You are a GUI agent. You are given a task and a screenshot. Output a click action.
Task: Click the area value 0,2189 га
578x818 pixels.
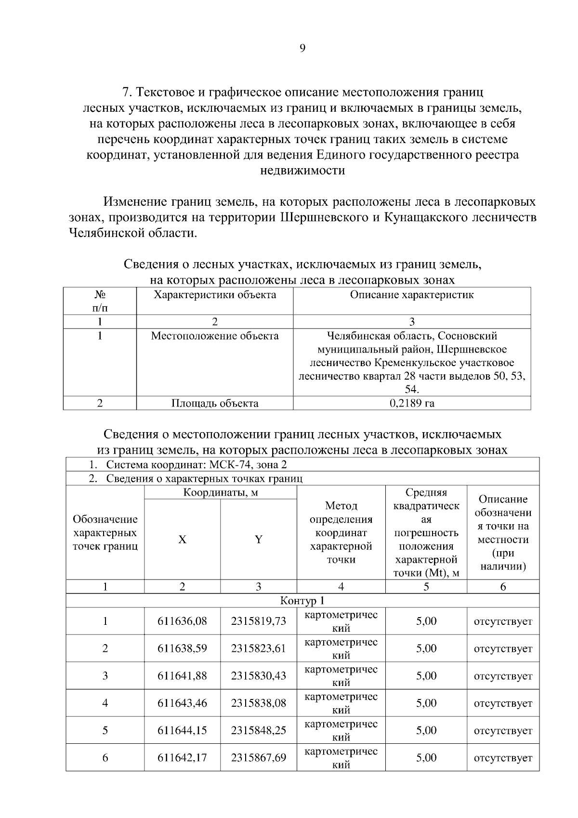pyautogui.click(x=412, y=404)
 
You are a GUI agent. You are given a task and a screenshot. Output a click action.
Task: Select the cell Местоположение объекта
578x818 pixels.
pyautogui.click(x=215, y=336)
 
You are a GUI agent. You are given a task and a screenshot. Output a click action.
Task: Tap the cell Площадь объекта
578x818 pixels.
pyautogui.click(x=215, y=404)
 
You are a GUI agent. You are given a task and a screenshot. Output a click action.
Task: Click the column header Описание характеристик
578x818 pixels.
pyautogui.click(x=412, y=295)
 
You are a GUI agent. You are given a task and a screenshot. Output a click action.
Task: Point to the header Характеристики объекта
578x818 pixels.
pyautogui.click(x=215, y=295)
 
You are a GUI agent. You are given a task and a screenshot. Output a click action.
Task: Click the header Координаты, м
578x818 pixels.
pyautogui.click(x=221, y=493)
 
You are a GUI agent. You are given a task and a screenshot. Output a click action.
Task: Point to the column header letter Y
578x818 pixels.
pyautogui.click(x=259, y=540)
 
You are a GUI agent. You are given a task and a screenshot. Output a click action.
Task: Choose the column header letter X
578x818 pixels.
pyautogui.click(x=182, y=540)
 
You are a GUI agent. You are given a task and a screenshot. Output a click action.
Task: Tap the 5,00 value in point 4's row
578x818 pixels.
pyautogui.click(x=426, y=703)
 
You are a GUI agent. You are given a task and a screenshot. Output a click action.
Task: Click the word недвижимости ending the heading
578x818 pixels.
pyautogui.click(x=302, y=171)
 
